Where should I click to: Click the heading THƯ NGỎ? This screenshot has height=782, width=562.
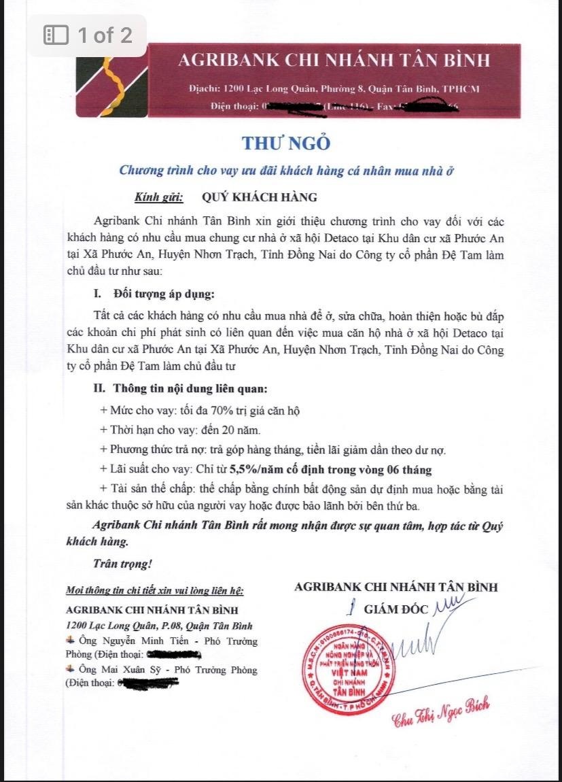[285, 143]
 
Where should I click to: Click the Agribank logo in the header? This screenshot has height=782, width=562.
[109, 80]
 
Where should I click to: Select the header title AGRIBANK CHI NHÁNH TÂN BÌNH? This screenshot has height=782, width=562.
[333, 60]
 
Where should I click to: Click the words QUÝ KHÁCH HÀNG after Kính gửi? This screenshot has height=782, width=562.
[260, 197]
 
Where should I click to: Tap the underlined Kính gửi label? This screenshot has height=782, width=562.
[159, 197]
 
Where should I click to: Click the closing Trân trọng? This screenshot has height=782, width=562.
[122, 564]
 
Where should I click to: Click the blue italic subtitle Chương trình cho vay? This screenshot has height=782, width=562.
[286, 171]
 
